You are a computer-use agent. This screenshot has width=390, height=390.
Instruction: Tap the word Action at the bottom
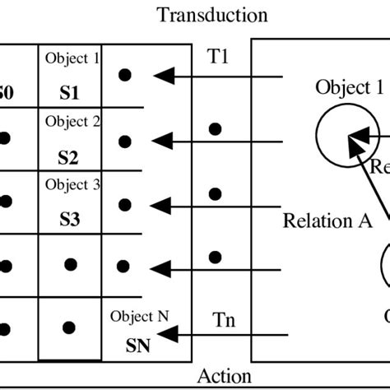pos(225,377)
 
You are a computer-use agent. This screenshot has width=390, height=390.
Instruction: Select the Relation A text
pos(327,221)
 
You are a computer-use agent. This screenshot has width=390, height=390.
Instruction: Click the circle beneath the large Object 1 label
pos(337,132)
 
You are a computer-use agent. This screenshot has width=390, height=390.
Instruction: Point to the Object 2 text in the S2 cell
pos(72,122)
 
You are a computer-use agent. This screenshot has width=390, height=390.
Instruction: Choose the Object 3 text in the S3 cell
pos(72,185)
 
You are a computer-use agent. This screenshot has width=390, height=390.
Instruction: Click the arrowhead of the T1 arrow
pos(165,76)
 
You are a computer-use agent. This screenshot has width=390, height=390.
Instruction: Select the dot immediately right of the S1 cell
pos(124,75)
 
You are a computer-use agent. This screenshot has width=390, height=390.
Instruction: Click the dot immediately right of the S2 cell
pos(124,141)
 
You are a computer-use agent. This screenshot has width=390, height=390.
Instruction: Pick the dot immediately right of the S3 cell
pos(124,203)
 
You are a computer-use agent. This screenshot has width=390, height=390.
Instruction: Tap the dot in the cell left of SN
pos(71,328)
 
